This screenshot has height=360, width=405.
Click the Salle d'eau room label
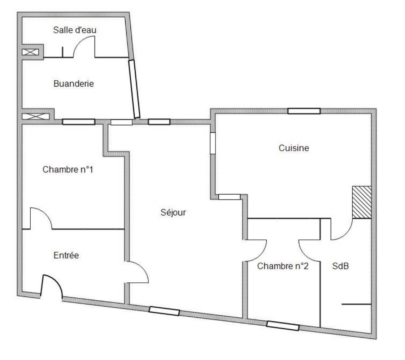[x=75, y=30]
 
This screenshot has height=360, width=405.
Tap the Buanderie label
[x=74, y=84]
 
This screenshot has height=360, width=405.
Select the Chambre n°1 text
[x=67, y=170]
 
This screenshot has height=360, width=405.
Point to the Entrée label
[x=66, y=255]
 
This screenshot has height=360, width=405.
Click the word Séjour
[x=173, y=212]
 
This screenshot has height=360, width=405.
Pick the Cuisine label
[x=294, y=148]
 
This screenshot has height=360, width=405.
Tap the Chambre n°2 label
[x=283, y=266]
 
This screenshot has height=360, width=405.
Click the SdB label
[x=340, y=266]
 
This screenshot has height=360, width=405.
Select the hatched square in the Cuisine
[x=362, y=202]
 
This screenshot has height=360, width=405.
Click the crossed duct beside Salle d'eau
[x=30, y=52]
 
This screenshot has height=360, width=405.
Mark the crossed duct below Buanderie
[x=35, y=117]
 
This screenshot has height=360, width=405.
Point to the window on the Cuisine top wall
[x=304, y=111]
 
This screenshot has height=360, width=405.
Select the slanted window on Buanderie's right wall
[x=134, y=89]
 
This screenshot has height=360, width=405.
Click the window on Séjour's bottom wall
[x=164, y=311]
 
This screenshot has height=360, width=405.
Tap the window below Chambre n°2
[x=283, y=326]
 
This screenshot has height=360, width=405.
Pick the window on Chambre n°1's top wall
[x=79, y=122]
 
